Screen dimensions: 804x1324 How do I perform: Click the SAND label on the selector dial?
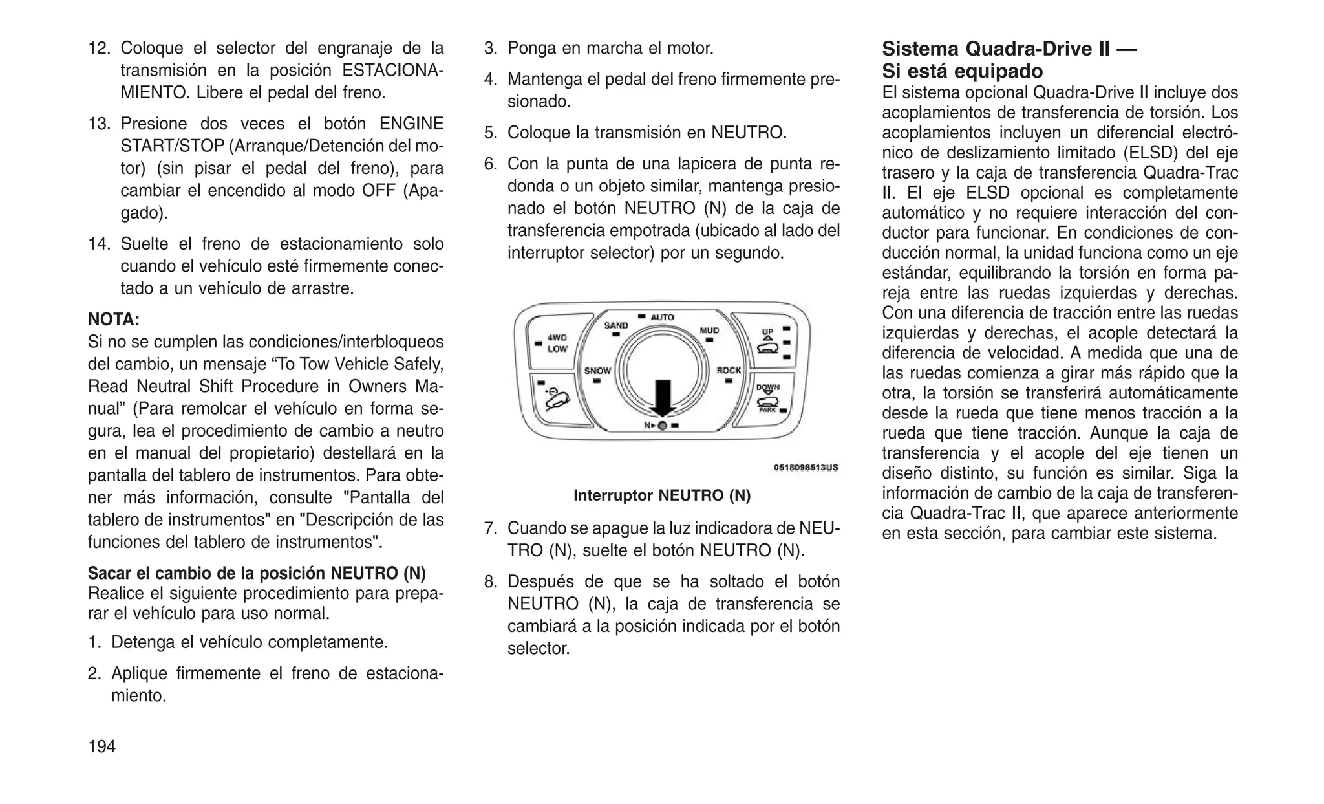pos(615,325)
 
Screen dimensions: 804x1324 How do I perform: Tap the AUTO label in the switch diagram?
pos(662,317)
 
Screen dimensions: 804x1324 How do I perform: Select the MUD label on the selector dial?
pos(709,331)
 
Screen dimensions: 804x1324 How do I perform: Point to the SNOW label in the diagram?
pos(597,371)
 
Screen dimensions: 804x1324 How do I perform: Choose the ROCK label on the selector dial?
pos(729,371)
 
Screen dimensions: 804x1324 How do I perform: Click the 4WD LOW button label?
pos(557,343)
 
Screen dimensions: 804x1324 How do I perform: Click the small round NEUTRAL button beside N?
pos(662,425)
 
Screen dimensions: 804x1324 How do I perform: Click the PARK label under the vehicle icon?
pos(767,410)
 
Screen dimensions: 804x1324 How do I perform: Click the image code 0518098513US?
pos(806,467)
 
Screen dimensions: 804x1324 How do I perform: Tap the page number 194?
pos(101,746)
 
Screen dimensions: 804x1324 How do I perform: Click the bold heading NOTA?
pos(114,320)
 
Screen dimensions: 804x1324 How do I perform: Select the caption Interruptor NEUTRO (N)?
pos(662,495)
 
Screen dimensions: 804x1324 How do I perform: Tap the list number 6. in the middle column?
pos(491,164)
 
